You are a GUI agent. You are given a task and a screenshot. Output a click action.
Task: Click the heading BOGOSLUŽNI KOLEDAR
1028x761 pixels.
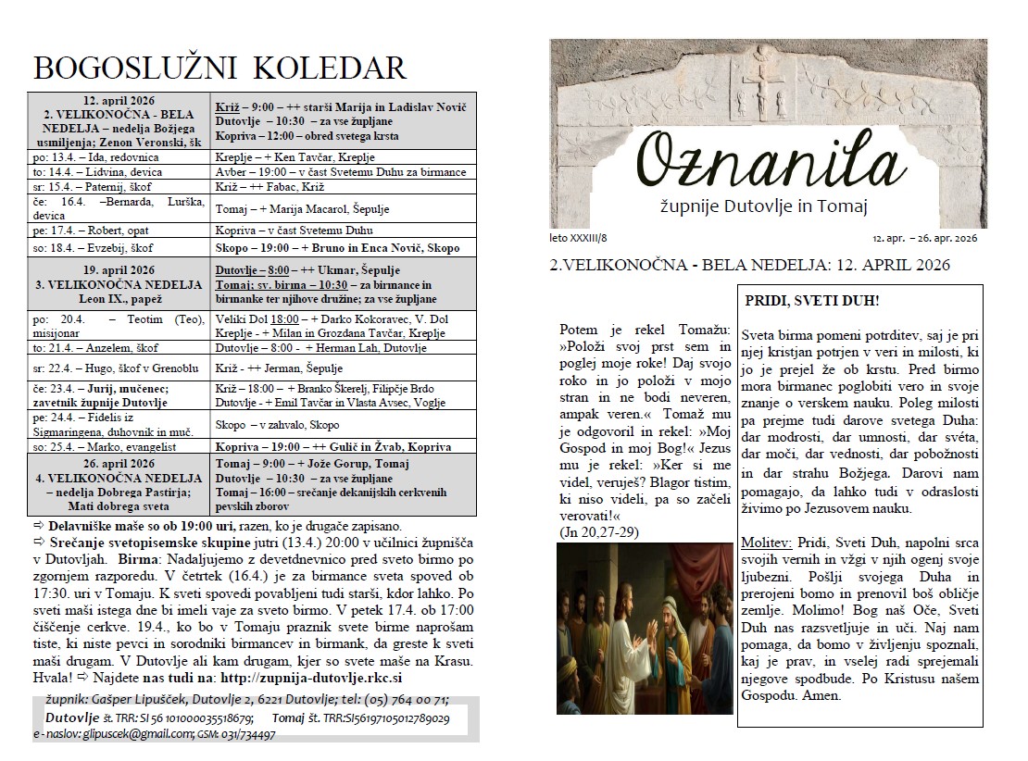[x=219, y=68]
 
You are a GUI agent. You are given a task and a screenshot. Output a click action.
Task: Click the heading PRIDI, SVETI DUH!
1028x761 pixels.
[x=812, y=301]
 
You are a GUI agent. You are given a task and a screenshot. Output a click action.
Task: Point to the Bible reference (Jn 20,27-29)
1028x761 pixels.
[x=599, y=532]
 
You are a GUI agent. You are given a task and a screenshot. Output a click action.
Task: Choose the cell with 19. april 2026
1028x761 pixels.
[x=119, y=271]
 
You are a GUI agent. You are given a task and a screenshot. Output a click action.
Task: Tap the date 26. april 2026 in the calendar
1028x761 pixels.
[x=119, y=463]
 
